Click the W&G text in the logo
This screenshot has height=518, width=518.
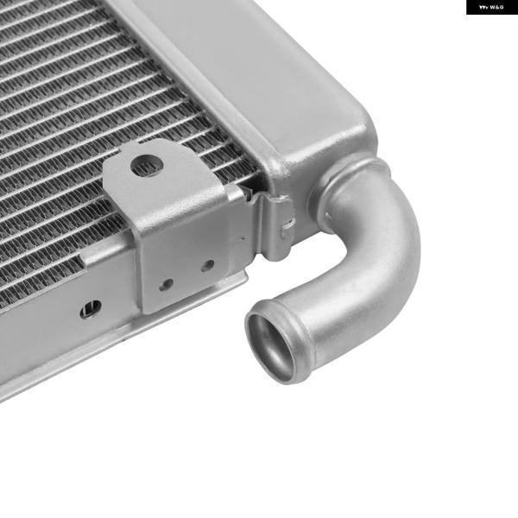point(496,7)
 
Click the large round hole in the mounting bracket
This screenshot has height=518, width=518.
point(147,166)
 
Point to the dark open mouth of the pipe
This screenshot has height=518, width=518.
point(271,346)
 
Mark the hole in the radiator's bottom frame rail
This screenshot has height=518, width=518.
point(91,309)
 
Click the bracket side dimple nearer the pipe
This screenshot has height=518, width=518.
point(208,265)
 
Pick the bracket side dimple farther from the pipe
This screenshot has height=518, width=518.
point(166,284)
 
